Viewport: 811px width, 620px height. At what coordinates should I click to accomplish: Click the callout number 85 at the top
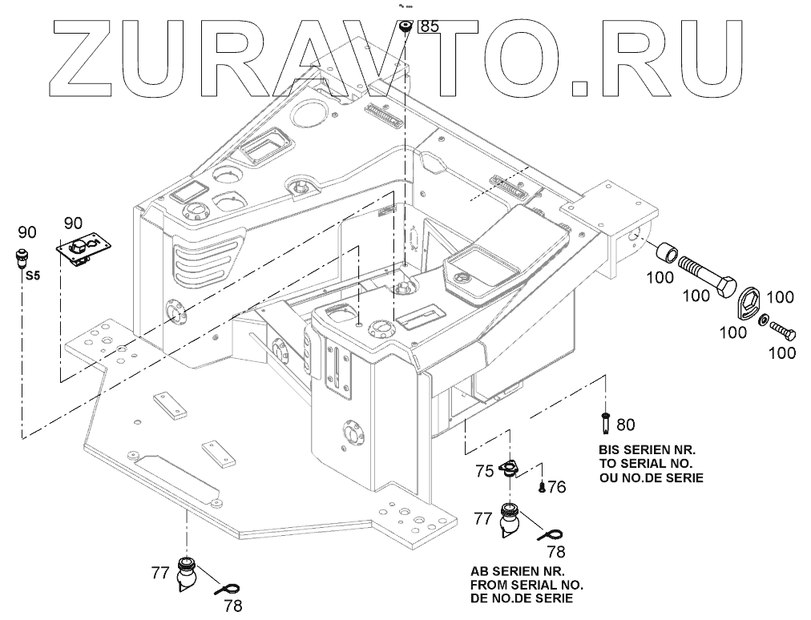(430, 26)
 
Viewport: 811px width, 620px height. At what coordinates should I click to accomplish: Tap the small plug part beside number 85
(405, 27)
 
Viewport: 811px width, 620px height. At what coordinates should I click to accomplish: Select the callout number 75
(483, 472)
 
